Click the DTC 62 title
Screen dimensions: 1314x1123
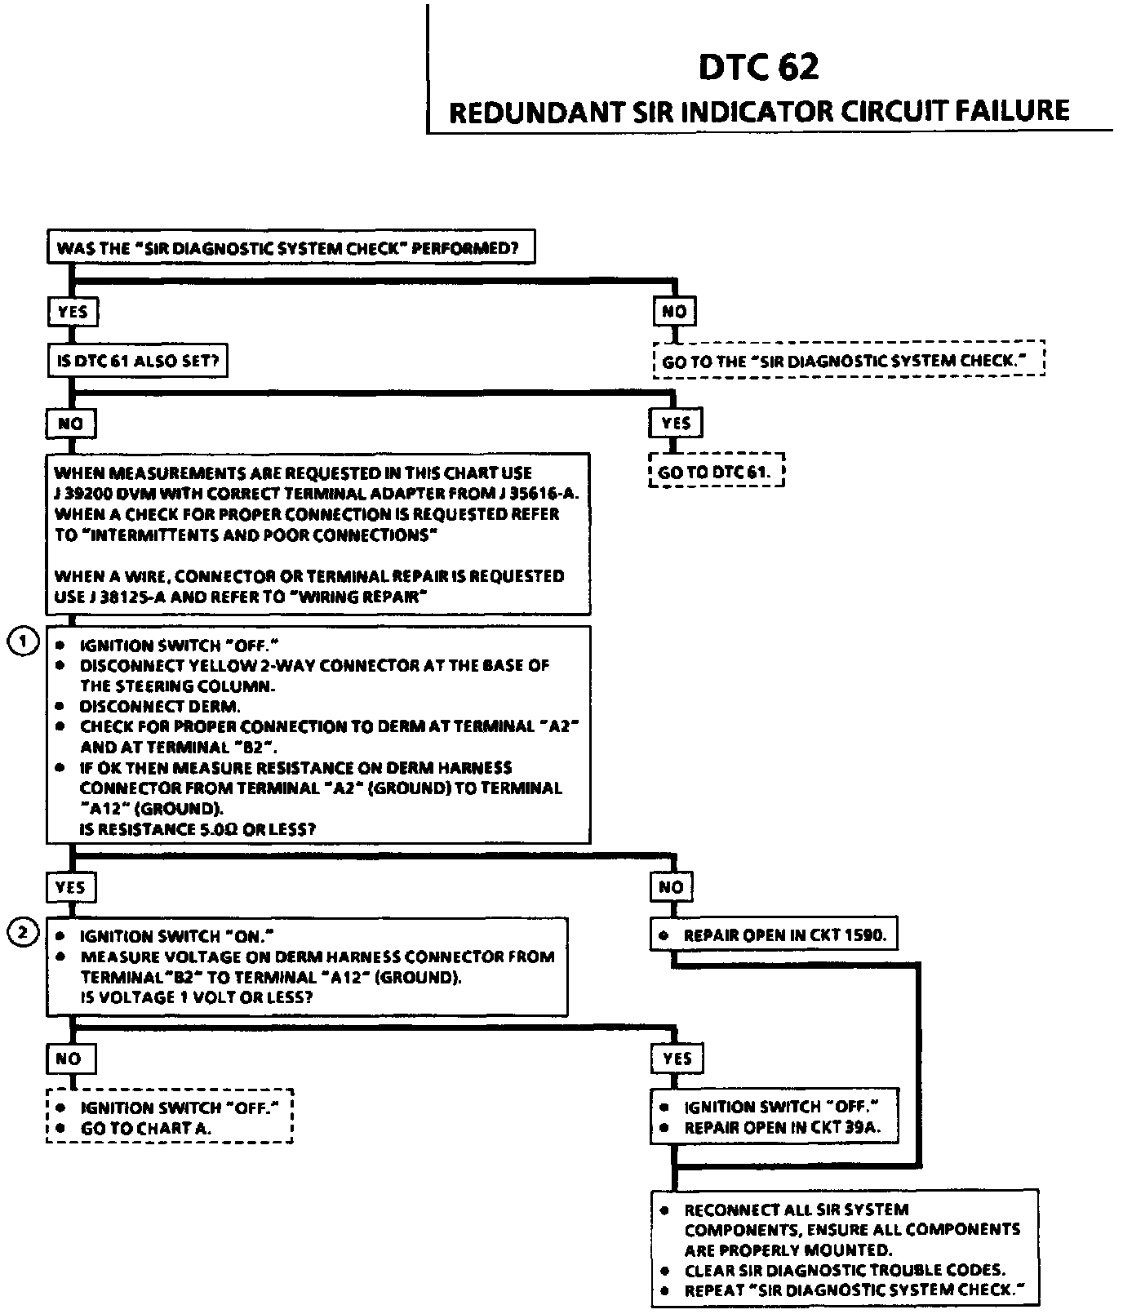(758, 67)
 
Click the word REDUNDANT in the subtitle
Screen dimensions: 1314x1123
(535, 113)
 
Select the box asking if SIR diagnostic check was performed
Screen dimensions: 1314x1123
(291, 247)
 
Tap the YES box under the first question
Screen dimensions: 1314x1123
(73, 311)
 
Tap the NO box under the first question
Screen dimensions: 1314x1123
(674, 311)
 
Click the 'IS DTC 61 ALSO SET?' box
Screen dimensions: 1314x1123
(137, 361)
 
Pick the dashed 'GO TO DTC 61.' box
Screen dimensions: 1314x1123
(716, 472)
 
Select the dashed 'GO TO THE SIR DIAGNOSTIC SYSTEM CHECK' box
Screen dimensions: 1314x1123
(849, 360)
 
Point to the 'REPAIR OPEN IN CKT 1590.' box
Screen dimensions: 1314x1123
(774, 935)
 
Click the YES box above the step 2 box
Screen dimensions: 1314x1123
(71, 886)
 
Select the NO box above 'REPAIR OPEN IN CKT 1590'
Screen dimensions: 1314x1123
(672, 886)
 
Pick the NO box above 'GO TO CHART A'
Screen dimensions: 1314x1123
(69, 1059)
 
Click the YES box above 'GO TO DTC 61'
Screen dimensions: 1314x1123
(676, 423)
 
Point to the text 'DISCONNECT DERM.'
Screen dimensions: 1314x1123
(160, 706)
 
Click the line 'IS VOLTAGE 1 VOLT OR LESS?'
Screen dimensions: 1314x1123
(197, 997)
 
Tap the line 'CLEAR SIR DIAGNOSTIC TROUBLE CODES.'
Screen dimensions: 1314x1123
(844, 1270)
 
